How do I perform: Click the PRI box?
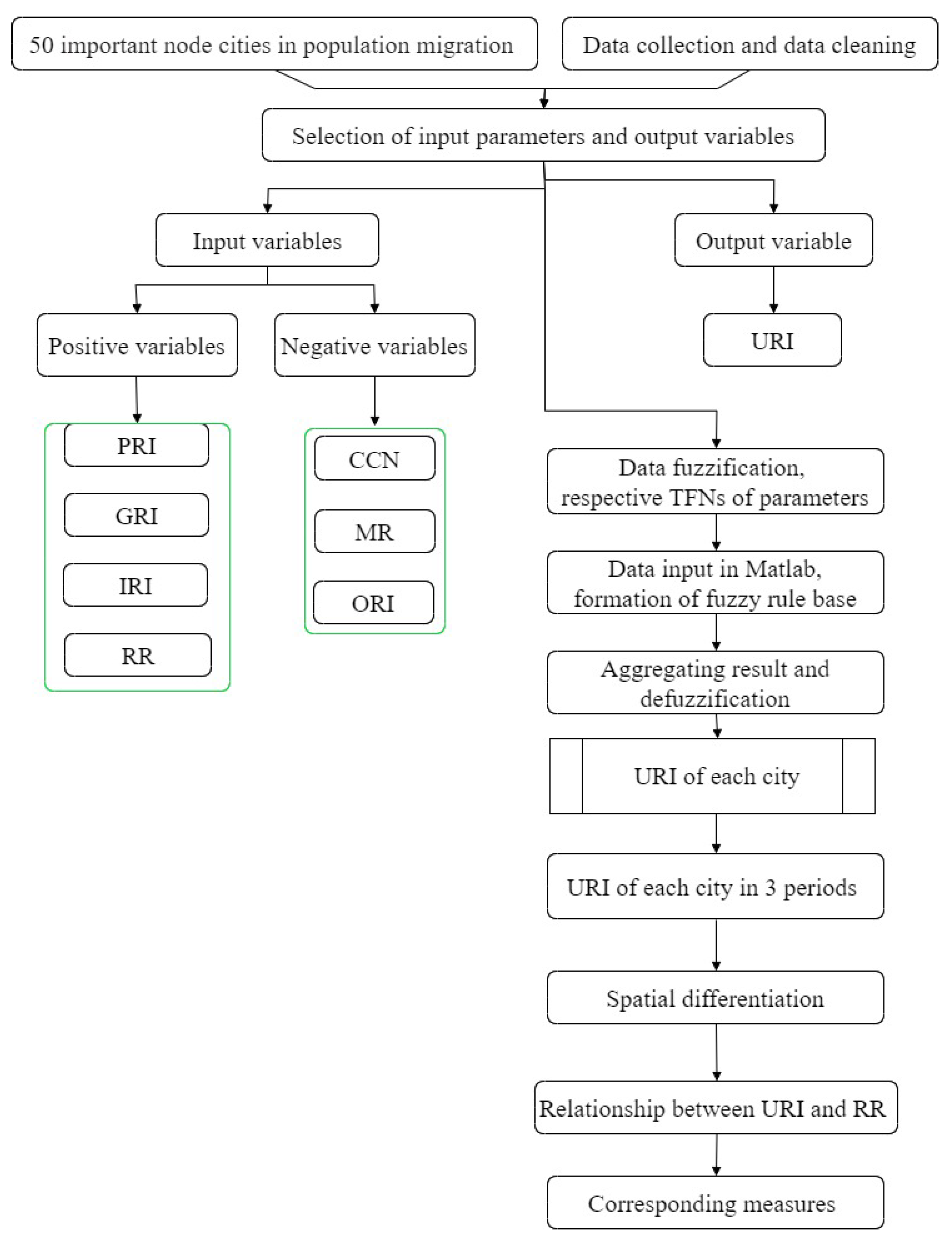click(x=136, y=446)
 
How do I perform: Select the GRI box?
click(x=136, y=515)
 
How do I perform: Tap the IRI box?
click(x=135, y=585)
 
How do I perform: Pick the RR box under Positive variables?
click(x=137, y=655)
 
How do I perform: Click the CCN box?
click(x=375, y=459)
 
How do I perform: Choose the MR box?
click(x=375, y=531)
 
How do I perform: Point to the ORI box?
click(x=373, y=603)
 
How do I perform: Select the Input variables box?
click(x=267, y=240)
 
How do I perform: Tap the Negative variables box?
click(x=375, y=345)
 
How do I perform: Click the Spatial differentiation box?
click(x=715, y=998)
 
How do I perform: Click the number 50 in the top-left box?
click(x=41, y=45)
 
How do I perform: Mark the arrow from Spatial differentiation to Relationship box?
click(x=716, y=1052)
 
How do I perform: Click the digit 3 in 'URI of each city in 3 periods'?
click(x=770, y=888)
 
